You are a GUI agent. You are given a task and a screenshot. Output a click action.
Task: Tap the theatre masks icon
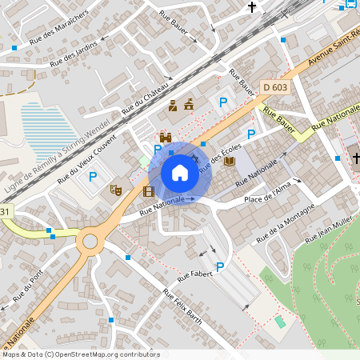[115, 190]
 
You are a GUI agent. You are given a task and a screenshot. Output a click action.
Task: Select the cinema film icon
[148, 190]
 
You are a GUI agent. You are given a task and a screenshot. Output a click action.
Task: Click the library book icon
[230, 162]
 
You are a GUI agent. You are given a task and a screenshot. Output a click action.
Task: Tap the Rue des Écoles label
[220, 157]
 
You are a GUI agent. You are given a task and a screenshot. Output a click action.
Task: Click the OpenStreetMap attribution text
[81, 354]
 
